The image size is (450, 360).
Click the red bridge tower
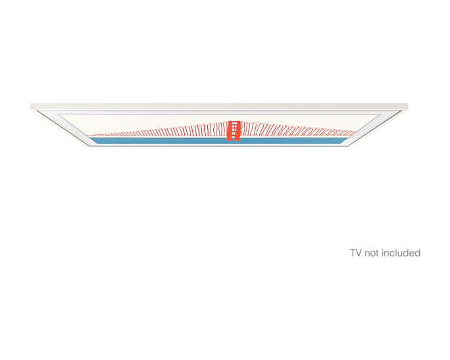[234, 130]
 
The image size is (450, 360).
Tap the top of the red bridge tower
[234, 120]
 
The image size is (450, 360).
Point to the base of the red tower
[234, 139]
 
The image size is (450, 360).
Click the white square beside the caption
[341, 247]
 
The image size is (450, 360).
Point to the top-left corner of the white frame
[31, 105]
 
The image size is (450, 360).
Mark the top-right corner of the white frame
[409, 105]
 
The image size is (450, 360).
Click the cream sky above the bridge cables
[164, 119]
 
